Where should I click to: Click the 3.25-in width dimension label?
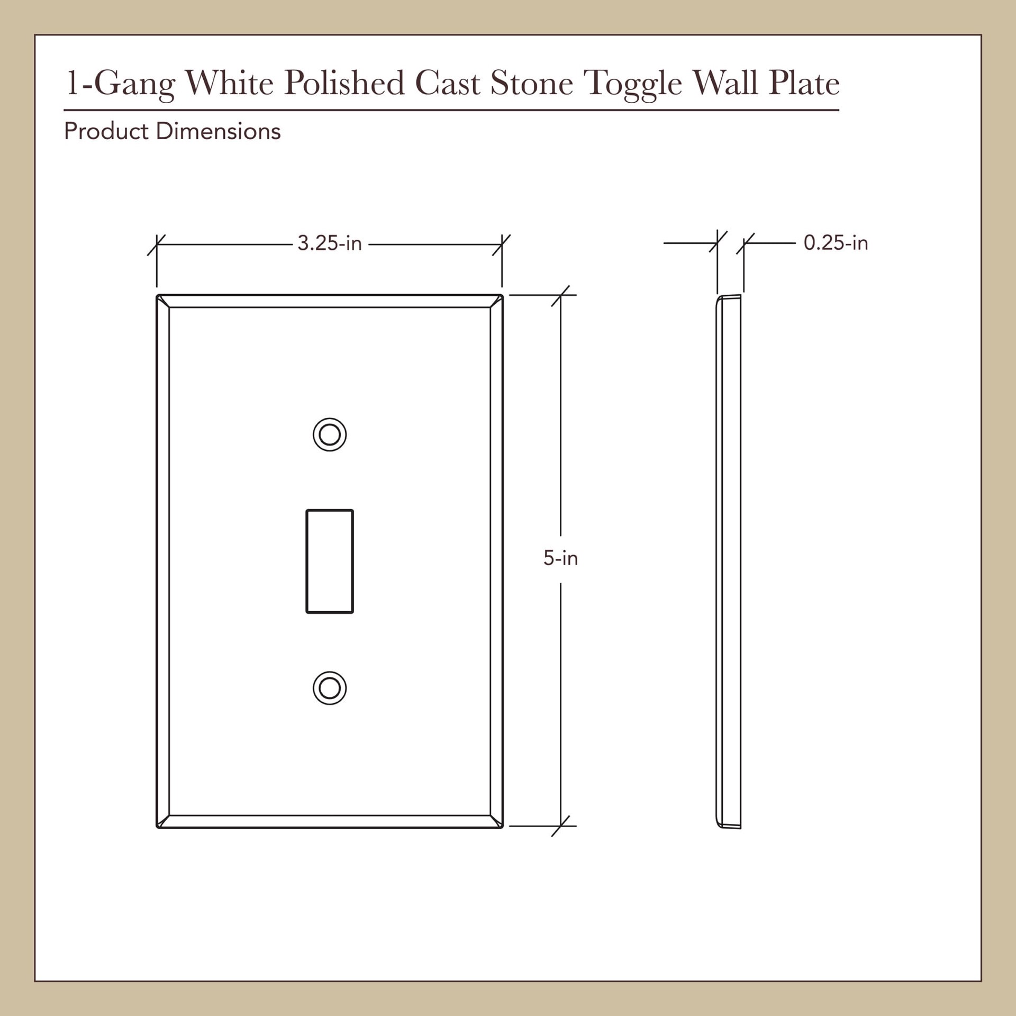(x=329, y=243)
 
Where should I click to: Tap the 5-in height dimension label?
(x=560, y=558)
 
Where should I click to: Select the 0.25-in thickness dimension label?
(x=836, y=243)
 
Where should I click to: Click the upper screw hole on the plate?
(x=330, y=435)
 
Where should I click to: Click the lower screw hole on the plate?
(x=330, y=688)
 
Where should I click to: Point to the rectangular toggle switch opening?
(x=330, y=561)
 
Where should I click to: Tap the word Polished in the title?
(x=344, y=83)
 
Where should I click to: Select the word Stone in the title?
(x=531, y=83)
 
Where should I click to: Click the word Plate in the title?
(x=804, y=83)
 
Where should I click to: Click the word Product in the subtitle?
(x=106, y=131)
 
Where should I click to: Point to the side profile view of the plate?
(x=729, y=561)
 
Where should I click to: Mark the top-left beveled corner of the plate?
(x=163, y=301)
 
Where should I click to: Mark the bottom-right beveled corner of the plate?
(x=496, y=821)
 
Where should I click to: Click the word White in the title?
(x=229, y=83)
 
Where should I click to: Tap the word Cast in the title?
(x=447, y=83)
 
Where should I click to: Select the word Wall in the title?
(x=725, y=83)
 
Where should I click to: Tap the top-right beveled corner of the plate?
(x=496, y=301)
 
